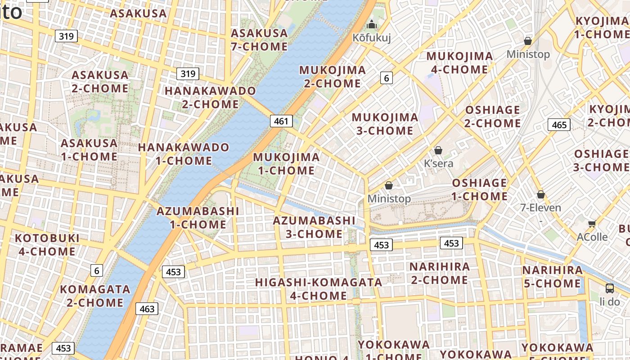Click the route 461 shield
pos(281,121)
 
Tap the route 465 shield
pos(559,125)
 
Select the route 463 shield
pos(147,309)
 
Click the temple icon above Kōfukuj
pos(372,24)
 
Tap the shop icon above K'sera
pos(438,150)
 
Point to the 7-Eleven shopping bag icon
pos(541,194)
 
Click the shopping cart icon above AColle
pos(592,224)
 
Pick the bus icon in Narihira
pos(610,288)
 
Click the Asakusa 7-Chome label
pos(259,40)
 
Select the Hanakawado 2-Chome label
pos(210,97)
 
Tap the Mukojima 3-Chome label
pos(385,124)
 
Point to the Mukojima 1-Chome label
pos(286,164)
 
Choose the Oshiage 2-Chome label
pos(493,117)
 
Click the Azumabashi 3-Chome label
pos(314,227)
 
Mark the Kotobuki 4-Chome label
pos(47,244)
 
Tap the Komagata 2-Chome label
pos(95,296)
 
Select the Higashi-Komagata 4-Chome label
pos(319,289)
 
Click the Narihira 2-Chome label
pos(439,273)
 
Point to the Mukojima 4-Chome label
pos(459,63)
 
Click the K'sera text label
pos(439,163)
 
